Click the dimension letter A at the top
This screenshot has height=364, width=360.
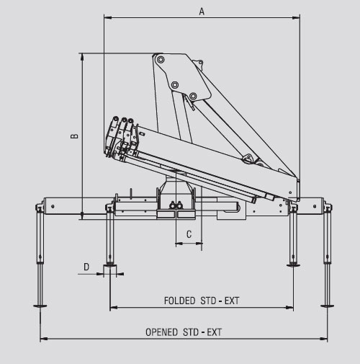click(x=202, y=12)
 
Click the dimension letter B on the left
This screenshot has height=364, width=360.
click(x=75, y=136)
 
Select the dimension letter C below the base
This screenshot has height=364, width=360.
click(x=189, y=234)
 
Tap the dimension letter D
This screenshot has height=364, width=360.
click(x=86, y=267)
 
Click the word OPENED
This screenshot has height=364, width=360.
click(x=161, y=332)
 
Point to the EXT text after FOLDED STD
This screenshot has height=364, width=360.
click(x=232, y=301)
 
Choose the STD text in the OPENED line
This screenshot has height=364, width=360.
click(x=191, y=332)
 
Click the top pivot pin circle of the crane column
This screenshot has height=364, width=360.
click(x=161, y=59)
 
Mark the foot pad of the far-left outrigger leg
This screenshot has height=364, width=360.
click(x=40, y=306)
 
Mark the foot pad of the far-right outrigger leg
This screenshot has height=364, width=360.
click(x=327, y=306)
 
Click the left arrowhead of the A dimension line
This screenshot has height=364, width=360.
click(x=107, y=17)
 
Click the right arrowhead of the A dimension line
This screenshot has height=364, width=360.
click(x=297, y=17)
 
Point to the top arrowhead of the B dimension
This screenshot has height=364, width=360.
click(x=82, y=56)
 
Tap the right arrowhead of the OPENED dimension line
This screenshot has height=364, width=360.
click(x=324, y=339)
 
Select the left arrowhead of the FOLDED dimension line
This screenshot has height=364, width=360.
click(x=113, y=307)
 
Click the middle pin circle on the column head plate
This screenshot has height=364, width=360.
click(x=175, y=85)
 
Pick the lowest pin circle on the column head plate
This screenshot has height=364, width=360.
click(x=193, y=96)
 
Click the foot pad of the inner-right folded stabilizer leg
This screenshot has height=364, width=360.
click(x=293, y=265)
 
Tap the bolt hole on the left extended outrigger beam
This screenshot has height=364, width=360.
click(x=53, y=206)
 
